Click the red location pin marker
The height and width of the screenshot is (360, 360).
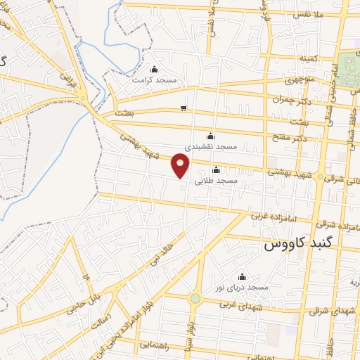click(181, 165)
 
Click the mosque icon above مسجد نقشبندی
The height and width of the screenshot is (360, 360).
click(210, 136)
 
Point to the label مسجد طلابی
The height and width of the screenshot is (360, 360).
click(216, 181)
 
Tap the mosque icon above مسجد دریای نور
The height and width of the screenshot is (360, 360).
click(243, 276)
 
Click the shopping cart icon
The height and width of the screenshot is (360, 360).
click(184, 108)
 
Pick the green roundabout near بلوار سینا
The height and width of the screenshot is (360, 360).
click(195, 299)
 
